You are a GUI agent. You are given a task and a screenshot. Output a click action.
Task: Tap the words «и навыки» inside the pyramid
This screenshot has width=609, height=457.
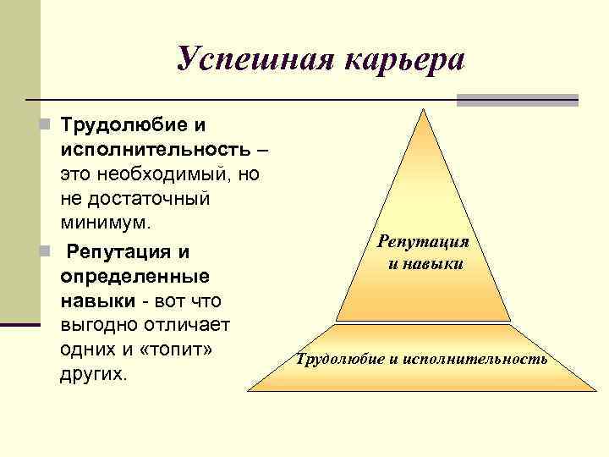[424, 263]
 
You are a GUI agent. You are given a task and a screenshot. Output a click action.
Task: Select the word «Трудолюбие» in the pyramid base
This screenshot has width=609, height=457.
[339, 360]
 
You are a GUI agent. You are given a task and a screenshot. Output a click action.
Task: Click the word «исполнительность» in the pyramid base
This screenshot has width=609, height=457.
[475, 360]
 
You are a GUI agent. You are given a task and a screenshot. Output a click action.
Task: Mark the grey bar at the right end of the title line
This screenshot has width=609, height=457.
[517, 100]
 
